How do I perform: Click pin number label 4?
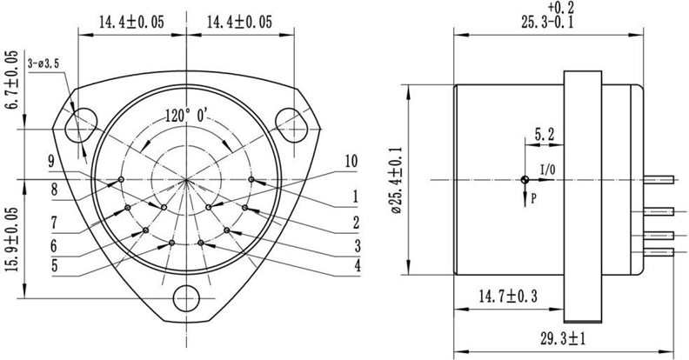pyautogui.click(x=357, y=265)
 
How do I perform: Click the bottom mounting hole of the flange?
pyautogui.click(x=186, y=297)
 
